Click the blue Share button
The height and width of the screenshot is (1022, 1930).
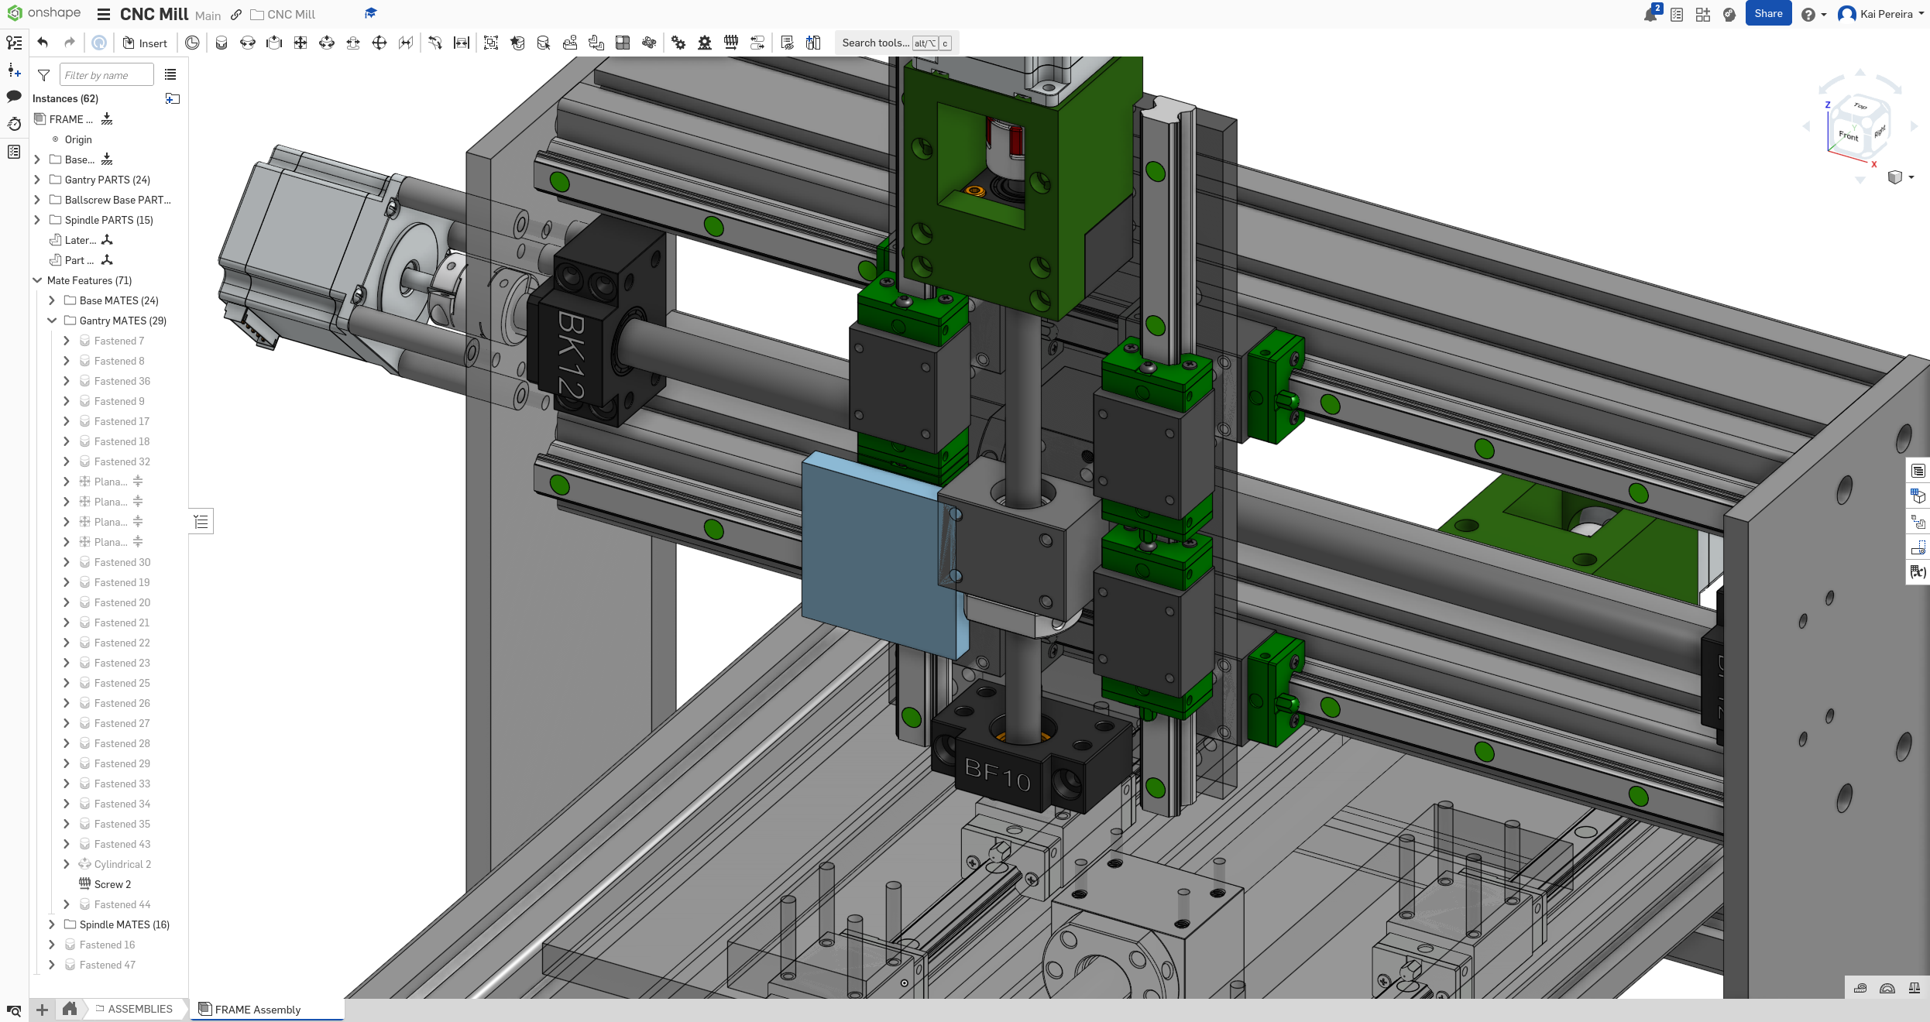[x=1767, y=14]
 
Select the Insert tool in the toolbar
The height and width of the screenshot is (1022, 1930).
[x=145, y=43]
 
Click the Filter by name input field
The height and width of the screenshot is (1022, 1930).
[x=106, y=75]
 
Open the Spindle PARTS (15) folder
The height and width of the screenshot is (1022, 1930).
[x=108, y=220]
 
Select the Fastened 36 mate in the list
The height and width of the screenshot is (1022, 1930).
[x=122, y=381]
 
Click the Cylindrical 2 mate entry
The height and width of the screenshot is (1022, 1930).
[x=122, y=864]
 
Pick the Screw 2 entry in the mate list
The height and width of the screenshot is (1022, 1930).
[x=112, y=884]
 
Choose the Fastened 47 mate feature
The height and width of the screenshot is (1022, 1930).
[x=107, y=965]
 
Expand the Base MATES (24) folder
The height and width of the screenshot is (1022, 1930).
[x=118, y=300]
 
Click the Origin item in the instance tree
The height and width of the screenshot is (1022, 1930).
[x=77, y=139]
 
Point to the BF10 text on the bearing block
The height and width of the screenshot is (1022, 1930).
[x=997, y=774]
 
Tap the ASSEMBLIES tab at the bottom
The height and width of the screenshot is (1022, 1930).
[x=139, y=1009]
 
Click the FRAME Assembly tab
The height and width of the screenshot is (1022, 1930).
[x=257, y=1010]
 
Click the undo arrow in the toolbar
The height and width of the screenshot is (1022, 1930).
[x=43, y=43]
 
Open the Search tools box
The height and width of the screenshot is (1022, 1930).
[x=875, y=43]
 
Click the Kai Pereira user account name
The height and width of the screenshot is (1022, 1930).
[x=1886, y=14]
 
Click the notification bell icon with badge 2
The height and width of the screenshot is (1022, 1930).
[x=1650, y=15]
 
